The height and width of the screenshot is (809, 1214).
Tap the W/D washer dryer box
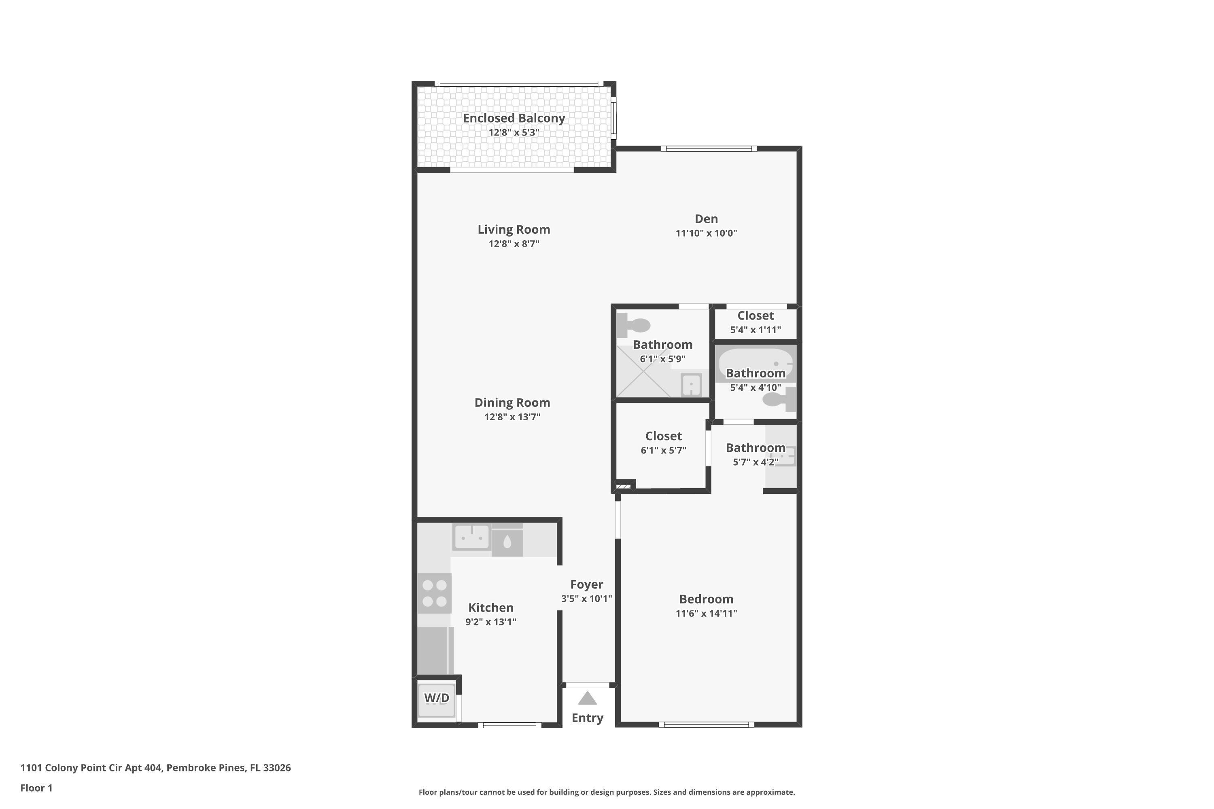click(436, 700)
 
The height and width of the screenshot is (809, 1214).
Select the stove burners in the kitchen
click(434, 593)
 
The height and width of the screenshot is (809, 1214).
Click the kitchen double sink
click(471, 538)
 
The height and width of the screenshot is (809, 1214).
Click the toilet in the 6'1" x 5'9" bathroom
click(635, 325)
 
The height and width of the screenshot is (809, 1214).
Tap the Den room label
click(706, 219)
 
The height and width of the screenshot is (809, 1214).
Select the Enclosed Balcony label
click(514, 118)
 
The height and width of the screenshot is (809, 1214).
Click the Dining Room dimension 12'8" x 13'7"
click(512, 417)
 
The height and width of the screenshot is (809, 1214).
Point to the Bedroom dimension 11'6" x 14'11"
click(706, 614)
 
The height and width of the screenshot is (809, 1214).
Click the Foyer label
click(586, 585)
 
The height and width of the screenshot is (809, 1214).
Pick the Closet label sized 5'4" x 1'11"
click(755, 316)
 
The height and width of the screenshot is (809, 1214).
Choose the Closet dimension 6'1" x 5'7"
click(663, 451)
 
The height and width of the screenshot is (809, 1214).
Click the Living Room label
click(514, 230)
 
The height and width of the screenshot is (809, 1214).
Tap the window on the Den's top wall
click(709, 148)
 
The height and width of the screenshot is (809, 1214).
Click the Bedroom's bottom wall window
click(706, 724)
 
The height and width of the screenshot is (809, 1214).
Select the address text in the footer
click(155, 768)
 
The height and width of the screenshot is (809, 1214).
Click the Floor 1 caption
click(36, 788)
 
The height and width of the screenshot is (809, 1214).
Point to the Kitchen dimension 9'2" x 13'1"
click(490, 622)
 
